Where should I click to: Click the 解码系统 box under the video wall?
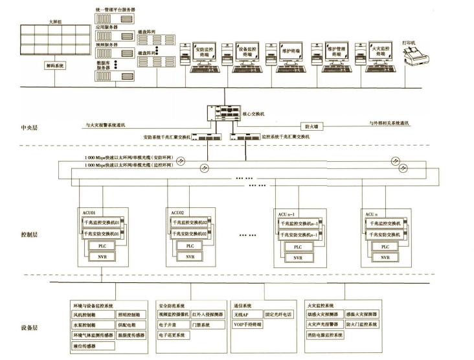[55, 65]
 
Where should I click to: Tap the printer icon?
[412, 58]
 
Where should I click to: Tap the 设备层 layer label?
[30, 328]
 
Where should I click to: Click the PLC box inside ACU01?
[102, 246]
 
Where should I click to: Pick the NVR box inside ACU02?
[189, 257]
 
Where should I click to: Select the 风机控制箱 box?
[87, 314]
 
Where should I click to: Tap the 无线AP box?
[241, 314]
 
